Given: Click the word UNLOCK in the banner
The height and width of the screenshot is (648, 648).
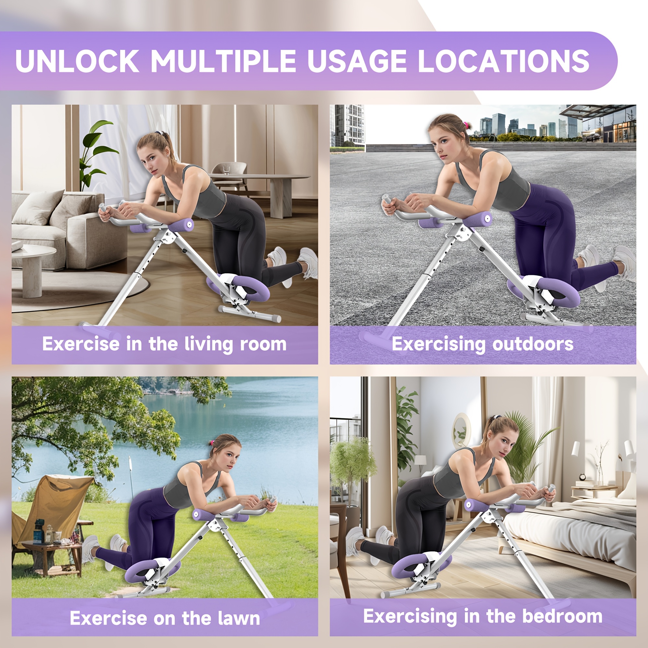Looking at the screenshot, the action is (77, 61).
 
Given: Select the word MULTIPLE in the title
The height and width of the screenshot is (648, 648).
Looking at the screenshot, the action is (223, 61).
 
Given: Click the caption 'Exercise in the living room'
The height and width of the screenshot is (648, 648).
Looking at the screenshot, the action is (164, 344).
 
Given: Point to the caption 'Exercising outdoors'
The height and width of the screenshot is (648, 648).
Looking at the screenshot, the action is (483, 344).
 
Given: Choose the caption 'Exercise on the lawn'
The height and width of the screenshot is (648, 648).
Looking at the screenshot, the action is (165, 618).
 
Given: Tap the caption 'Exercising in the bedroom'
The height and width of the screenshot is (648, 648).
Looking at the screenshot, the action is (483, 617).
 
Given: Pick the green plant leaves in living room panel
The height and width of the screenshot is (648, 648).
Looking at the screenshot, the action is (96, 151).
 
